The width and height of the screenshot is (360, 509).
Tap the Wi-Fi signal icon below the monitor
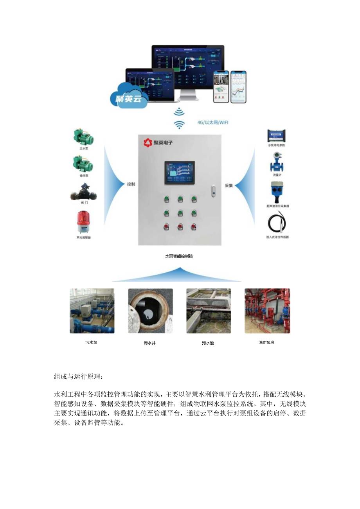point(179,119)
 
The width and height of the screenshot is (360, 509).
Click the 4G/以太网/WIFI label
point(213,122)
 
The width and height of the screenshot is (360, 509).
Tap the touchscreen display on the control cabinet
point(180,172)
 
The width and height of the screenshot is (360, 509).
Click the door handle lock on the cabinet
point(213,191)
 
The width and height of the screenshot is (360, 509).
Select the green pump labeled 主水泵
point(83,137)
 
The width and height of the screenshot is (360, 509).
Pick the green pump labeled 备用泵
point(83,163)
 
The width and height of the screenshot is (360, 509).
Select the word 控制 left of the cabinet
point(131,184)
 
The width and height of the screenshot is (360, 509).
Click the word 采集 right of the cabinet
point(229,185)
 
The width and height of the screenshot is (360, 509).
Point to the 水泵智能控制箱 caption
point(178,256)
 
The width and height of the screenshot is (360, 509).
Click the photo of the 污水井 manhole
point(150,311)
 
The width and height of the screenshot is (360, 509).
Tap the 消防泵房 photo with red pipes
point(267,311)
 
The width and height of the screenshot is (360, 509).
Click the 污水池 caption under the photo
point(208,343)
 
